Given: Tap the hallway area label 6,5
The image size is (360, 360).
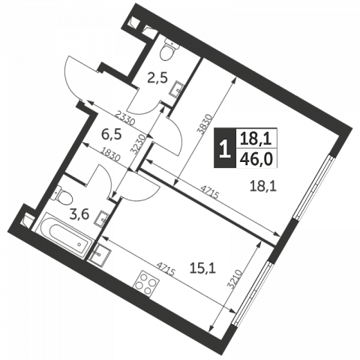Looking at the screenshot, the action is [111, 134].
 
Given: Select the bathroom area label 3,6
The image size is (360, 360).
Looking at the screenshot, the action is [79, 214].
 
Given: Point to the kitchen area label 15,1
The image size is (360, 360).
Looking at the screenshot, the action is [202, 268].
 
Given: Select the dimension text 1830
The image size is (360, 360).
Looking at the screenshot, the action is [111, 154].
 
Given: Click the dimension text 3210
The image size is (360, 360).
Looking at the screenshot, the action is [235, 279].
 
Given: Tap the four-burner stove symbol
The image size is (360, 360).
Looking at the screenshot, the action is [147, 283].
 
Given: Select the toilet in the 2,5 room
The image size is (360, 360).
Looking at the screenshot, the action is [169, 50].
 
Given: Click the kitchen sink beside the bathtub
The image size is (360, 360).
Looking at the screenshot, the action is [99, 255].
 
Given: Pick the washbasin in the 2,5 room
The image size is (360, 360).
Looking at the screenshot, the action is [177, 88].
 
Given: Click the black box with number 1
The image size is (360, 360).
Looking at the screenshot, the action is [225, 148].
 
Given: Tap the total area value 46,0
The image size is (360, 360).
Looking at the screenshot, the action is [256, 158].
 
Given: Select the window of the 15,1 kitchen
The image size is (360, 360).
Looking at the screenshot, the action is [252, 293].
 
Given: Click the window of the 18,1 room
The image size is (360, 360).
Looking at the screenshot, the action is [314, 187].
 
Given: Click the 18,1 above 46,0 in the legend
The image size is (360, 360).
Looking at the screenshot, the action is [256, 138].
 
